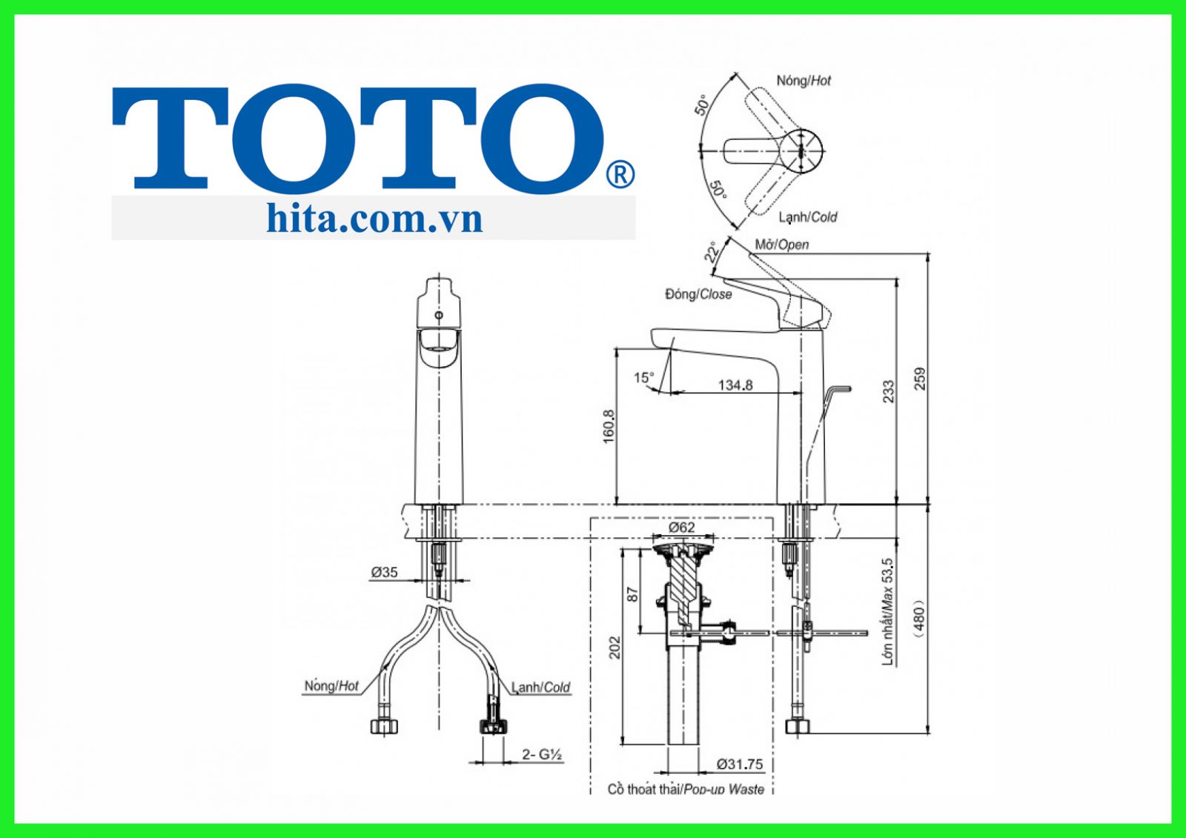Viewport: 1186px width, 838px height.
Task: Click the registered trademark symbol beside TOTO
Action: pos(620,175)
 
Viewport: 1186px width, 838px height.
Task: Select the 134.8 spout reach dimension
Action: pos(735,385)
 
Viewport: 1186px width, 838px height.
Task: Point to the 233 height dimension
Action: pos(888,391)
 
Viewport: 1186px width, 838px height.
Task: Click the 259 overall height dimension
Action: pos(921,379)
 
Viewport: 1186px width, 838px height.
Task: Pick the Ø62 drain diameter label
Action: pos(681,527)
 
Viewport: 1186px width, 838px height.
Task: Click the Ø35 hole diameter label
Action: pos(384,572)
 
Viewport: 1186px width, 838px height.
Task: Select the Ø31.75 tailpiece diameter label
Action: pos(739,764)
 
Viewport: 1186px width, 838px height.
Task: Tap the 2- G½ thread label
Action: pos(543,754)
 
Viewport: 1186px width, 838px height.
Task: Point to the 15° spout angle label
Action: pos(643,378)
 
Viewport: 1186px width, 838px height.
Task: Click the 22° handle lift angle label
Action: pos(712,253)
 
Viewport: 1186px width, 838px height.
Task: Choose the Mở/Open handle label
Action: pos(781,245)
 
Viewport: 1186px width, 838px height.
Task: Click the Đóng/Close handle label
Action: pos(698,294)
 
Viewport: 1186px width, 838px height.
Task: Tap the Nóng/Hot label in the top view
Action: pos(804,81)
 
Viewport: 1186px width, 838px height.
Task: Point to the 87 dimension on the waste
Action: pos(632,593)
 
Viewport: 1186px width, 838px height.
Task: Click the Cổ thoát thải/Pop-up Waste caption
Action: pos(686,789)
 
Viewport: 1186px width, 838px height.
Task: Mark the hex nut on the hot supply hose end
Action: pos(384,725)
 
